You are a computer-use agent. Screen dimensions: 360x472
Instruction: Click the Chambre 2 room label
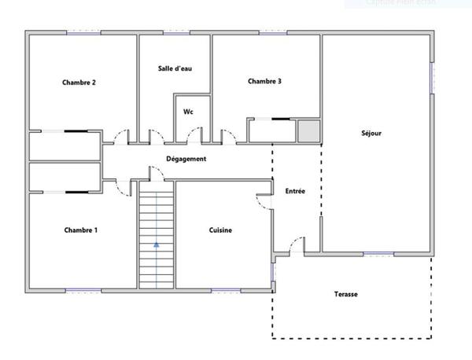pos(79,83)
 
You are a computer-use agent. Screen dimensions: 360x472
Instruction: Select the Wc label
pos(189,112)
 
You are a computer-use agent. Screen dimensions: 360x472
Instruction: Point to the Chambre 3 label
pos(264,81)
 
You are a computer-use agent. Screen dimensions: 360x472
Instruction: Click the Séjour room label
pos(371,133)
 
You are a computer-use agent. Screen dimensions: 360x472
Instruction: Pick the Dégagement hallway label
pos(186,159)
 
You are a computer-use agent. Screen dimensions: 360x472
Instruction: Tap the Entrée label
pos(295,190)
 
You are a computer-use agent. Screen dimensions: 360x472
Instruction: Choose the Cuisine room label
pos(220,230)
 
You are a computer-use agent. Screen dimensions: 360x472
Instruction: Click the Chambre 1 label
pos(81,230)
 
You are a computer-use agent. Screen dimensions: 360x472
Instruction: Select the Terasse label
pos(345,294)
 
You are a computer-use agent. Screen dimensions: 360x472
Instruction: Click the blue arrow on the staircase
pos(156,244)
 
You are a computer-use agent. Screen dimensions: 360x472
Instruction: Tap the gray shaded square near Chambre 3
pos(308,131)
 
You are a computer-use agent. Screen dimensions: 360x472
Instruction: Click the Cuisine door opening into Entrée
pos(264,200)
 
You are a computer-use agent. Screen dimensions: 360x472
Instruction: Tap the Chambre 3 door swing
pos(229,136)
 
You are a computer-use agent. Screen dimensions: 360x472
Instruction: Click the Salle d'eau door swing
pos(153,136)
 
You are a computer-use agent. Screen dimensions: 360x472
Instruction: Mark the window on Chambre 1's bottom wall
pos(83,290)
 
